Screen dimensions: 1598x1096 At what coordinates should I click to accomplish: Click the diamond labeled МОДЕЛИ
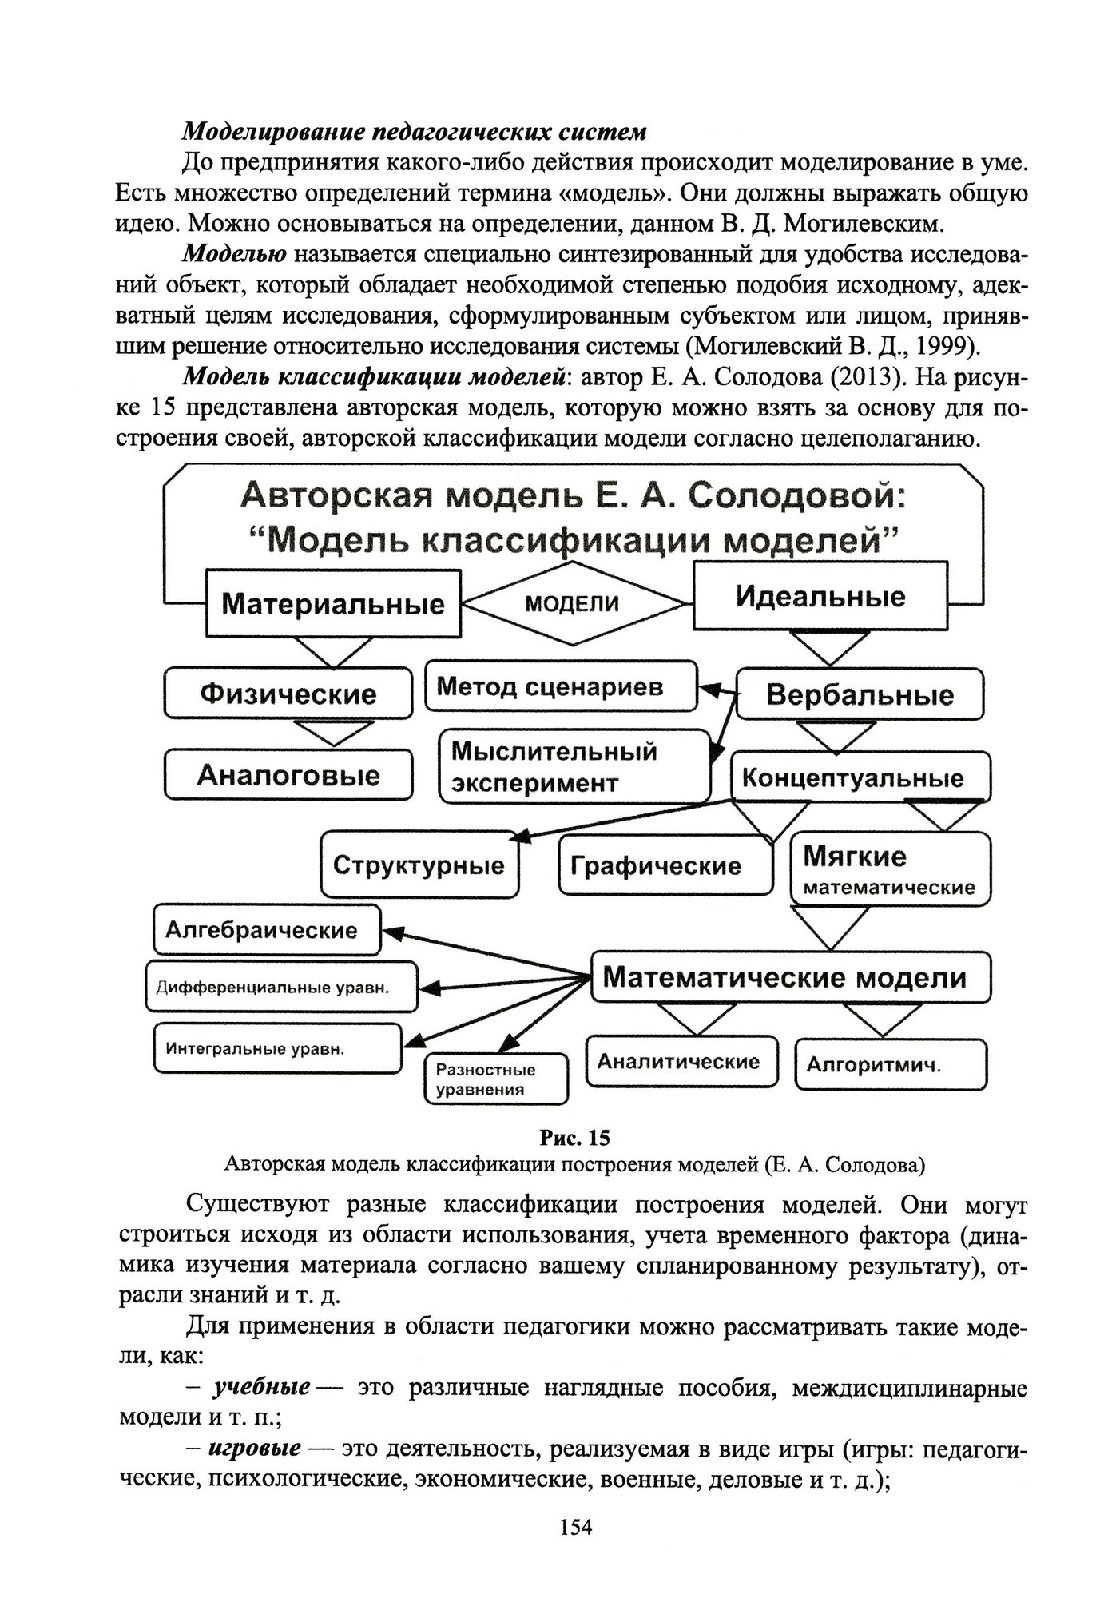[x=573, y=603]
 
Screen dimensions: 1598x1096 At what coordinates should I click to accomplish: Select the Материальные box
[x=333, y=602]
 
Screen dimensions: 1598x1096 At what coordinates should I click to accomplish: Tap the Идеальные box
[x=820, y=597]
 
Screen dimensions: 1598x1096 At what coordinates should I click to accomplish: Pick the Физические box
[x=288, y=693]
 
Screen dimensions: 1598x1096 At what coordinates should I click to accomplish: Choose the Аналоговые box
[x=288, y=774]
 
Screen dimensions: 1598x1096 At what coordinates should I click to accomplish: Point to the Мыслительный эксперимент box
[x=574, y=766]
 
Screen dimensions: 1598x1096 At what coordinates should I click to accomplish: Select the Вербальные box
[x=860, y=694]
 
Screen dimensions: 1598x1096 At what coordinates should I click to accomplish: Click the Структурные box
[x=419, y=865]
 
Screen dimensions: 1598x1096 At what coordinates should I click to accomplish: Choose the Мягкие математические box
[x=889, y=869]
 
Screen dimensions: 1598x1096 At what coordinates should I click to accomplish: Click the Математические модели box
[x=790, y=977]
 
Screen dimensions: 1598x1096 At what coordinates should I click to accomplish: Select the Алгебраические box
[x=267, y=930]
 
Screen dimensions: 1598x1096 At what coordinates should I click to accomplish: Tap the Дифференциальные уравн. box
[x=281, y=988]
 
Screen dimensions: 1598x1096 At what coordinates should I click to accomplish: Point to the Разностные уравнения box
[x=495, y=1079]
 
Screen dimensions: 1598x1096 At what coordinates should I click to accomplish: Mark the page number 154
[x=575, y=1528]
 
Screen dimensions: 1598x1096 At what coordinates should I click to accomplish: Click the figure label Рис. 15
[x=574, y=1136]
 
